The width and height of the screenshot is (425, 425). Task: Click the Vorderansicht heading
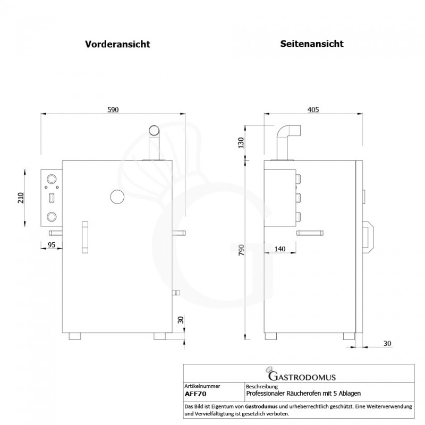tap(117, 45)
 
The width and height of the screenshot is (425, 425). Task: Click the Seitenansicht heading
tap(312, 44)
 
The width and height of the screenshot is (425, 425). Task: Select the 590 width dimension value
tap(113, 110)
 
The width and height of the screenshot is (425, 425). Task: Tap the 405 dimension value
tap(313, 110)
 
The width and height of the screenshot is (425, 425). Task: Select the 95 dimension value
tap(52, 245)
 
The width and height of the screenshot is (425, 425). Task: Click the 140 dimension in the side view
tap(281, 248)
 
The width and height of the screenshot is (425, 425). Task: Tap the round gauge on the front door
tap(116, 197)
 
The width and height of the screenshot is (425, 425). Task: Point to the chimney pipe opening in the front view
tap(154, 130)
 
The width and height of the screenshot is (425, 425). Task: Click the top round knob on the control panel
tap(52, 179)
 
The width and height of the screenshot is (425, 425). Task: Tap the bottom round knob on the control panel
tap(52, 217)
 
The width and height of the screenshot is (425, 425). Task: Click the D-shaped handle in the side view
tap(368, 237)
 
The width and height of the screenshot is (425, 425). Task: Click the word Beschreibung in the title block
tap(262, 386)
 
